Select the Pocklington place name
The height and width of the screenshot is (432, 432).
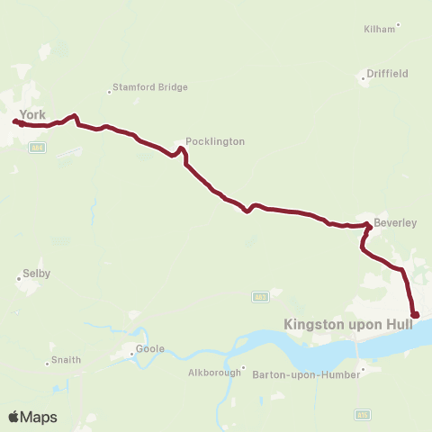(x=214, y=141)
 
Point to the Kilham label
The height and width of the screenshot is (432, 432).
(x=378, y=29)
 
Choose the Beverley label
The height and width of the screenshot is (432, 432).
(x=396, y=222)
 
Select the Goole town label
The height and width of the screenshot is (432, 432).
(x=150, y=347)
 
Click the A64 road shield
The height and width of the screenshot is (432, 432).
(x=37, y=148)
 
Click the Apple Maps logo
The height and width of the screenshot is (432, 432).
(x=31, y=417)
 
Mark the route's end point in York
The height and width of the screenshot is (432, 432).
(x=15, y=121)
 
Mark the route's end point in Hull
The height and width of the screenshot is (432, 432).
(x=415, y=314)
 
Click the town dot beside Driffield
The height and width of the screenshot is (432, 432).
(x=364, y=79)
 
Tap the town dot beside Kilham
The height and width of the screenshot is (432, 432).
(x=398, y=25)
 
